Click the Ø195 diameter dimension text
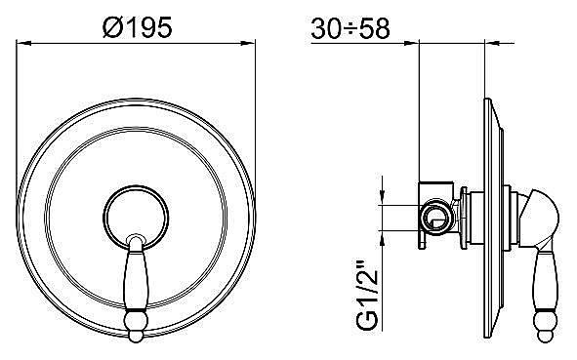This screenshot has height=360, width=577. point(137,27)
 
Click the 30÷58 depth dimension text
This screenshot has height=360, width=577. point(352,27)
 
